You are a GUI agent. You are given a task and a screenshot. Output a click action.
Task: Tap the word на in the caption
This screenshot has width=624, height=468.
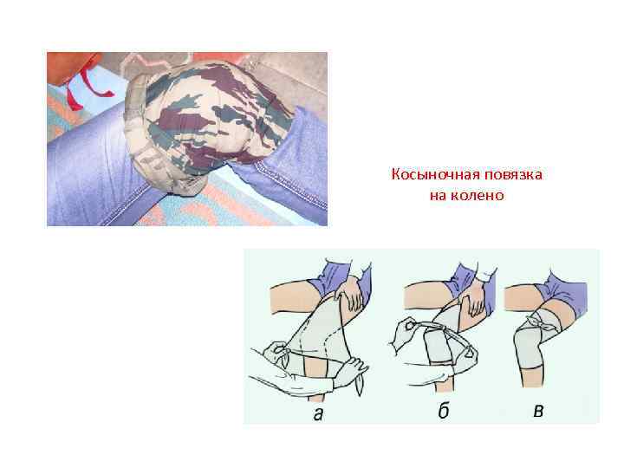pyautogui.click(x=438, y=196)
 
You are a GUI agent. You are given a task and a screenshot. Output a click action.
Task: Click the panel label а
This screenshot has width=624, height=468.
pyautogui.click(x=318, y=414)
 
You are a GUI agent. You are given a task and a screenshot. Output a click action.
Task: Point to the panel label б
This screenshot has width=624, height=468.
pyautogui.click(x=444, y=411)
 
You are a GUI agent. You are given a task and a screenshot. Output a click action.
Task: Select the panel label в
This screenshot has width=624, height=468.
pyautogui.click(x=538, y=411)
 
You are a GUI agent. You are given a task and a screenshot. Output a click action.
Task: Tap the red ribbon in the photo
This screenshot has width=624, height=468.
pyautogui.click(x=86, y=88)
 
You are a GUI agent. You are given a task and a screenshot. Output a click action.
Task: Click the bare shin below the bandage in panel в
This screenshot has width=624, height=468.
pyautogui.click(x=532, y=377)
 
